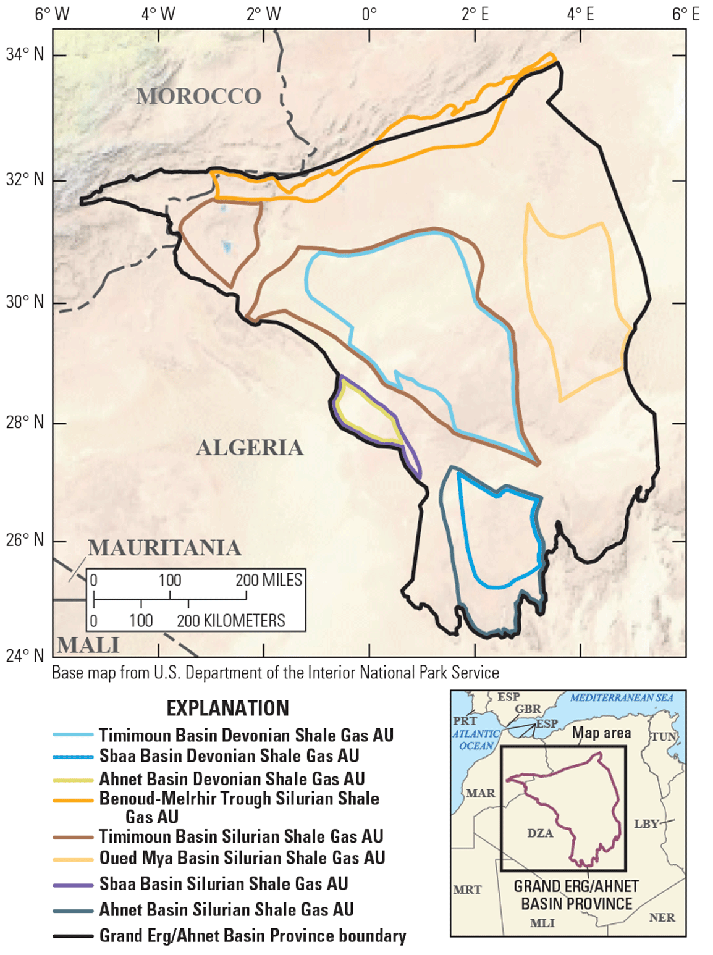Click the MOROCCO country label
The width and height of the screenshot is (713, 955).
pos(198,96)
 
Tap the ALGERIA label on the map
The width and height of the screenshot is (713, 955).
pos(250,448)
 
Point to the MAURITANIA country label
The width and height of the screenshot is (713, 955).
pos(164,548)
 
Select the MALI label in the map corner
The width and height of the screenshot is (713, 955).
pos(88,645)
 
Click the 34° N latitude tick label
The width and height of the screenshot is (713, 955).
pos(25,54)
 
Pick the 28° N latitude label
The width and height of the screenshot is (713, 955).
pos(25,423)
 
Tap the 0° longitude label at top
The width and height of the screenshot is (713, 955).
pos(369,14)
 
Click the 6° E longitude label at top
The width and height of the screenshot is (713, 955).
pos(685,14)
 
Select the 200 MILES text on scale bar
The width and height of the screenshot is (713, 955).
pos(269,580)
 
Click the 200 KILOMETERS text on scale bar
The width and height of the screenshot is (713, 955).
pos(231,621)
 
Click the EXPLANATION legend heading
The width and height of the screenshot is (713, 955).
pos(227,708)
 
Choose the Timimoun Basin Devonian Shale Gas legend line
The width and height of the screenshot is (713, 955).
pos(73,734)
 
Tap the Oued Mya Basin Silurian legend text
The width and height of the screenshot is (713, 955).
pos(242,857)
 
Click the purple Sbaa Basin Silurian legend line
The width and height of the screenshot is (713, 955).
pos(73,885)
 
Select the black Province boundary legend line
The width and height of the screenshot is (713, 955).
pos(73,936)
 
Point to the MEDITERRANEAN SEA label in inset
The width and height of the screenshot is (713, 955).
pos(621,697)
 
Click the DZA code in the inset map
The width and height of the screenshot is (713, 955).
pos(540,833)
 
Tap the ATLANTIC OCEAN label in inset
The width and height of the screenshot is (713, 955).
pos(476,739)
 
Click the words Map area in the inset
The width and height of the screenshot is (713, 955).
pos(601,733)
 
